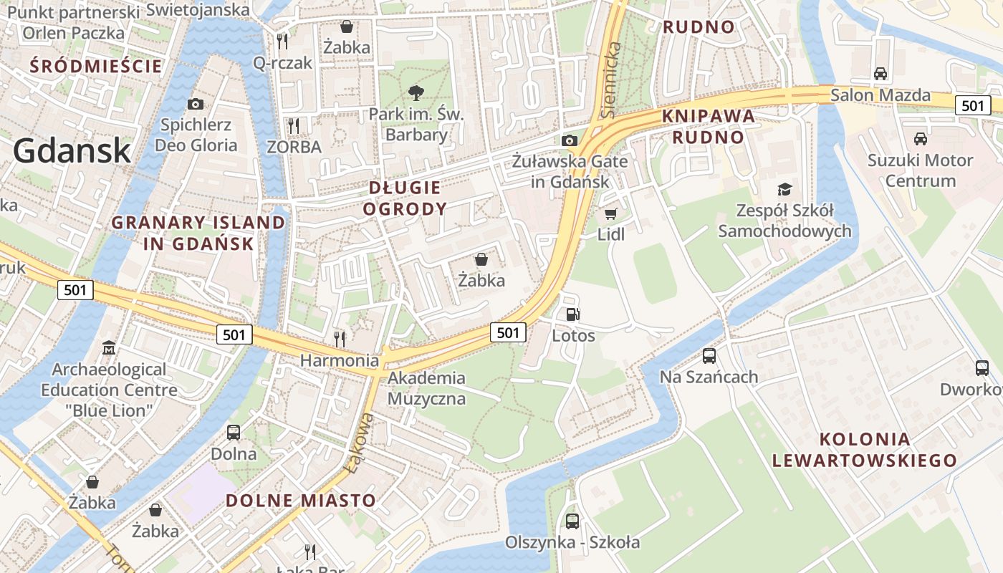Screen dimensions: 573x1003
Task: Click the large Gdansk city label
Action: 72,151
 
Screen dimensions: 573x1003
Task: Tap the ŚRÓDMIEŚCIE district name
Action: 96,67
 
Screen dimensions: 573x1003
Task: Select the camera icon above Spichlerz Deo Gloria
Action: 195,104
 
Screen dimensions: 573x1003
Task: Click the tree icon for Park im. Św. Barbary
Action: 416,92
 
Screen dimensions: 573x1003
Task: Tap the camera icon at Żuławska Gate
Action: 570,140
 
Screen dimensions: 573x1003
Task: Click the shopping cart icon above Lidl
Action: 611,213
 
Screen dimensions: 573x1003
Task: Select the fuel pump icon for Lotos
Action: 572,314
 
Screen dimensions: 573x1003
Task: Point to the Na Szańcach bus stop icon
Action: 709,355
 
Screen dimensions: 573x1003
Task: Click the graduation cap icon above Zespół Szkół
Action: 785,189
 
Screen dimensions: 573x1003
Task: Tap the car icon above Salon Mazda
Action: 880,73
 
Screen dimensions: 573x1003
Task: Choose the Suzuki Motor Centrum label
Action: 921,170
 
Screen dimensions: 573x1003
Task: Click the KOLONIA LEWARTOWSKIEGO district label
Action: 864,450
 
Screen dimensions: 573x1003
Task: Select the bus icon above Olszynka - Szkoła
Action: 572,521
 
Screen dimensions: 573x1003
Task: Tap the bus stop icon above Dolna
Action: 234,432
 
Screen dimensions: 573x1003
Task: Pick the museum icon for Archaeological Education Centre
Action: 108,348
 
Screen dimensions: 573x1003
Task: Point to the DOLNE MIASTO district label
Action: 301,500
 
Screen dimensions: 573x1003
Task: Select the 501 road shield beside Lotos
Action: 508,332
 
